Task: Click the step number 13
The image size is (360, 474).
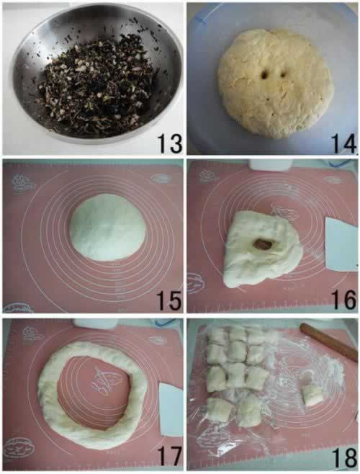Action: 170,143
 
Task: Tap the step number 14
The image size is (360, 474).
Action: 344,143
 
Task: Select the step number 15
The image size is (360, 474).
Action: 169,300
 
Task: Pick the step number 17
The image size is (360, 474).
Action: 170,457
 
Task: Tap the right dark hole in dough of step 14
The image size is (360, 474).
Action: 283,74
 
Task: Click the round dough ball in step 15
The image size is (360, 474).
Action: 107,228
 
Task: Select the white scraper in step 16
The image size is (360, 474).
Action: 341,243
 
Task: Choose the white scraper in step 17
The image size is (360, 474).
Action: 171,410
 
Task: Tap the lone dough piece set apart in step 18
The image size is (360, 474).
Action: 312,395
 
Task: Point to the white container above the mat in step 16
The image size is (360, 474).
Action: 270,164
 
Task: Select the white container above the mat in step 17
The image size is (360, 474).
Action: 96,323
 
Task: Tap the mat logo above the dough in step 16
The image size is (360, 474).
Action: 284,210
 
